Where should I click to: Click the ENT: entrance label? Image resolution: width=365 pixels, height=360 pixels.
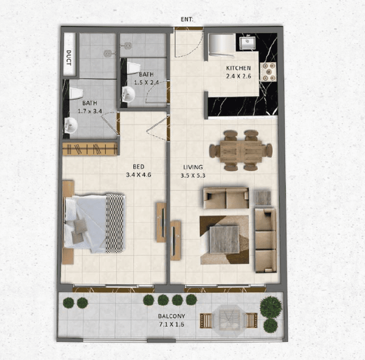(187, 20)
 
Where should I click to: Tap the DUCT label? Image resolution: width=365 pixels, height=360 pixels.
(69, 57)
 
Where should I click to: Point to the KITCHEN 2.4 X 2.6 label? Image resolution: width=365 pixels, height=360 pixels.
(238, 72)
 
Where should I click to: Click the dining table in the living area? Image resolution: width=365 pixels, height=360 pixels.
(240, 151)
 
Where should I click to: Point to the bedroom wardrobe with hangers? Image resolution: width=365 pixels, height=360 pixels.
(90, 149)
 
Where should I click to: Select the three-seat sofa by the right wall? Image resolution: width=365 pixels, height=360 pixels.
(265, 240)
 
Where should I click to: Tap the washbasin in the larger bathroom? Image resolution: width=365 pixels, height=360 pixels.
(71, 125)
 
